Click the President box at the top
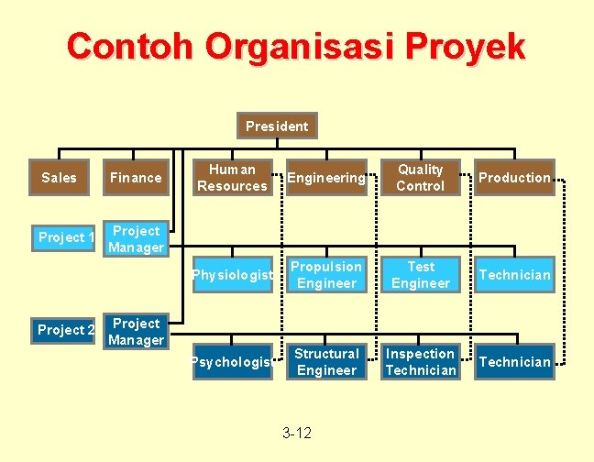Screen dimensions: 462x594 277,126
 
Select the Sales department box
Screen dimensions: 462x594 60,177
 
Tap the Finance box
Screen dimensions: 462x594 136,177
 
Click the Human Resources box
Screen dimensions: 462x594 232,178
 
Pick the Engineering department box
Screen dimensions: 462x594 326,178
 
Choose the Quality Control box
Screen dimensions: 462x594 420,178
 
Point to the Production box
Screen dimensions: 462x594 515,178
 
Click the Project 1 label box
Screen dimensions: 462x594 66,238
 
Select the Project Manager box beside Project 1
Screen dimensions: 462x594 136,239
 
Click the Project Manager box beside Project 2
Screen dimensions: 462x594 136,332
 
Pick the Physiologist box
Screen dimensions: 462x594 232,275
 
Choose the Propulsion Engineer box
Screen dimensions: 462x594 326,275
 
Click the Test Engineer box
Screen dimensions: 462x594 420,275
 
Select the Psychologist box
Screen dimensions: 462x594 232,362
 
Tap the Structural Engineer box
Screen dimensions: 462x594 326,362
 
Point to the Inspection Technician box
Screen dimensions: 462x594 420,362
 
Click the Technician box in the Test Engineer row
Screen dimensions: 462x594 515,275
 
